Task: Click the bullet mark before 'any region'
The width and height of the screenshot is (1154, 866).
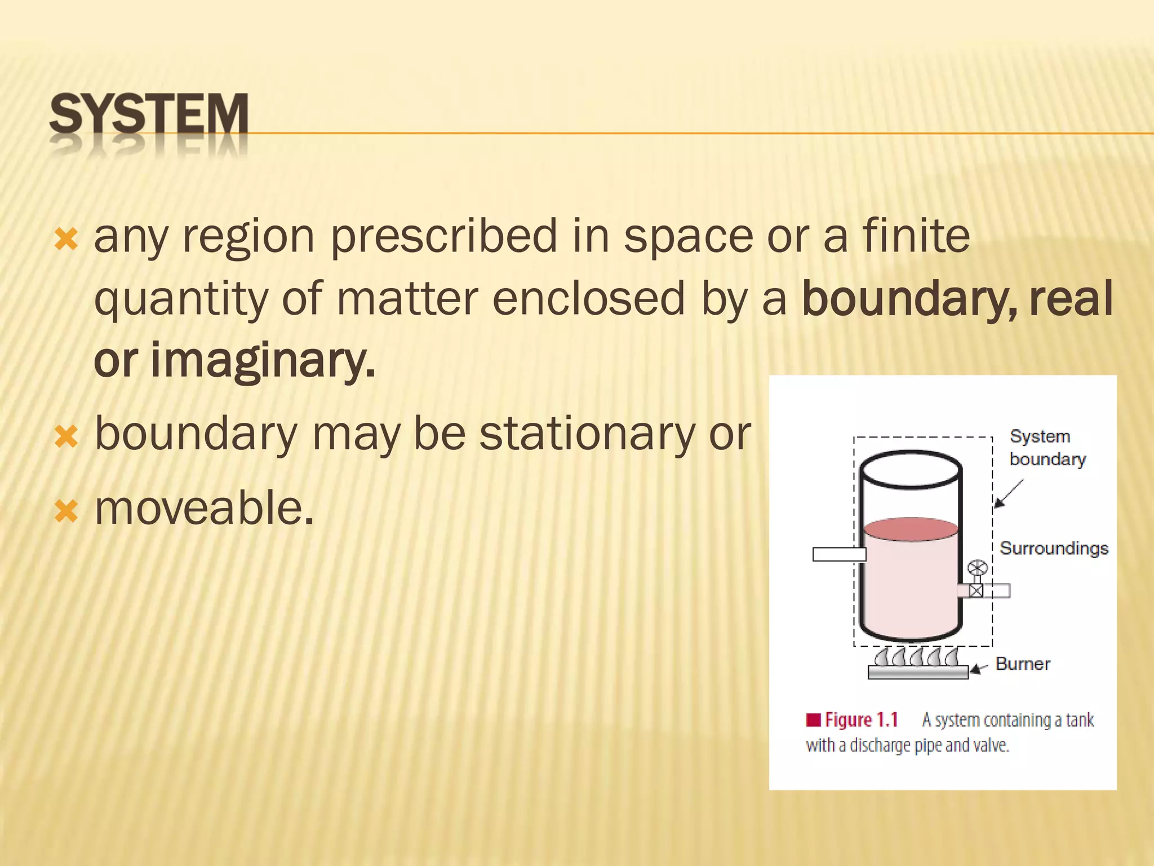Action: pyautogui.click(x=66, y=240)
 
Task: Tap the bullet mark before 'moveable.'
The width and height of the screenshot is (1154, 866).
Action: pyautogui.click(x=66, y=511)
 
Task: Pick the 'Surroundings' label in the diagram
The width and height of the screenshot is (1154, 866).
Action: pyautogui.click(x=1054, y=548)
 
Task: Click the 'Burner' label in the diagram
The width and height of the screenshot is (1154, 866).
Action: pyautogui.click(x=1023, y=664)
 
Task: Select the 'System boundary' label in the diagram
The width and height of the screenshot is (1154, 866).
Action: pyautogui.click(x=1047, y=448)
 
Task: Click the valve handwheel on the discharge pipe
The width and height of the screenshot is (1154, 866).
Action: pyautogui.click(x=977, y=568)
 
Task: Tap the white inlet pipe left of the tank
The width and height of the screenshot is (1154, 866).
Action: pyautogui.click(x=838, y=554)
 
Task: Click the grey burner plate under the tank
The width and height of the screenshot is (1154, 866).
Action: pyautogui.click(x=917, y=672)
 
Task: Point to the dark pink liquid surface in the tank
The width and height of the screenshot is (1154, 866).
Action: pyautogui.click(x=911, y=529)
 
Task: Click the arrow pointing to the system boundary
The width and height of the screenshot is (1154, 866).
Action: pyautogui.click(x=1008, y=494)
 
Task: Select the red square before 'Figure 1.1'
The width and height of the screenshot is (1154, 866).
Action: pyautogui.click(x=813, y=720)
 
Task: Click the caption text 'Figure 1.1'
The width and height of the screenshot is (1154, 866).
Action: pyautogui.click(x=861, y=720)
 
